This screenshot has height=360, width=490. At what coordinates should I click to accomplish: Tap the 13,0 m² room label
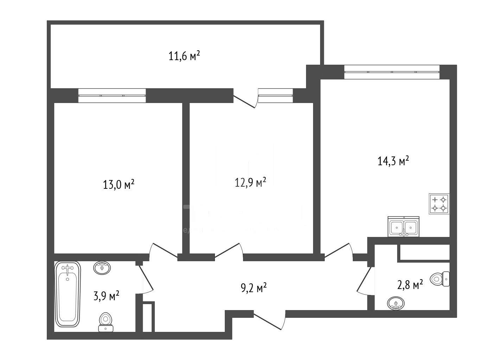(119, 185)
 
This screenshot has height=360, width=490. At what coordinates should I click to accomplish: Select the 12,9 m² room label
(250, 182)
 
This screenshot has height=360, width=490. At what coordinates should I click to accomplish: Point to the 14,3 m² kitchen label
(393, 161)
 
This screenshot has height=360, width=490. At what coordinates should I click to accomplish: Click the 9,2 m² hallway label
(253, 288)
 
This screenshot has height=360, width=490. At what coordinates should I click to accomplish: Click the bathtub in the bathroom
(68, 294)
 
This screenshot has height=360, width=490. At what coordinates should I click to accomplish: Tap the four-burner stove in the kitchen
(439, 204)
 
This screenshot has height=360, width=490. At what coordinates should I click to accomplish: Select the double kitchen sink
(403, 227)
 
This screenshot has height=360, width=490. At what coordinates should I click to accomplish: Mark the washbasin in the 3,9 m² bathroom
(102, 268)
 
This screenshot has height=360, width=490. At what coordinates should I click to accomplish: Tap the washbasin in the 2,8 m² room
(396, 303)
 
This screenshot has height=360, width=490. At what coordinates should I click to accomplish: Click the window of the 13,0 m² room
(112, 95)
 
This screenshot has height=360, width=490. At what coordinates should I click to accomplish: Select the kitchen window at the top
(392, 72)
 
